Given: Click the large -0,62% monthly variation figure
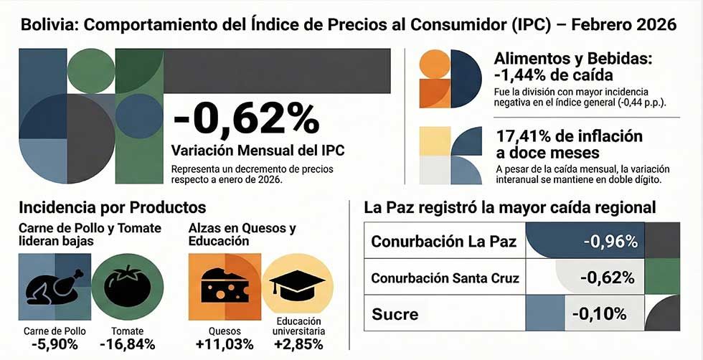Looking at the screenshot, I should point(246,118).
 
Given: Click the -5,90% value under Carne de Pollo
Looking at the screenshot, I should point(54,344).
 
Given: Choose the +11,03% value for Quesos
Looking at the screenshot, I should point(224,344).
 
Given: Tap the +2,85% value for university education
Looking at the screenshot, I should point(299,344).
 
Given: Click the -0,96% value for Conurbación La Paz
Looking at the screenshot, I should point(610,241).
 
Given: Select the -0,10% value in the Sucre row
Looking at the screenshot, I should point(600,314).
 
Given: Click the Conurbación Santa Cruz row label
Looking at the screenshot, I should point(445,278).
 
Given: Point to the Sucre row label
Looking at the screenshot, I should point(395,314).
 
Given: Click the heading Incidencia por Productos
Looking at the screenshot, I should point(113,208).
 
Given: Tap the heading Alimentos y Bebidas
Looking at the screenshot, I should point(572,60).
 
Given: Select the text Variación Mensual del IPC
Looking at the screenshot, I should point(258,151).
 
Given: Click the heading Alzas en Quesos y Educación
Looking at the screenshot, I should point(242,235).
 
